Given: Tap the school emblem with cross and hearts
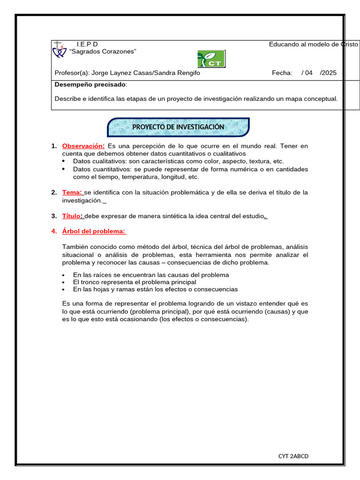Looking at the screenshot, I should click(59, 49).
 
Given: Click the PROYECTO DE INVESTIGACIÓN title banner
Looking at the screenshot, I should click(178, 127).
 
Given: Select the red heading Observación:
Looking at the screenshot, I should click(83, 146).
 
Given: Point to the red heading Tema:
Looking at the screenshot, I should click(72, 192).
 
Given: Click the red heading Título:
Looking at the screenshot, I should click(73, 216).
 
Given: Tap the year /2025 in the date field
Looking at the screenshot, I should click(328, 73).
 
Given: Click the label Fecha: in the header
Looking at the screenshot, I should click(282, 73).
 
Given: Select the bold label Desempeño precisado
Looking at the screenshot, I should click(90, 84).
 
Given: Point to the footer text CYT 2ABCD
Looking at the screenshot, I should click(293, 456).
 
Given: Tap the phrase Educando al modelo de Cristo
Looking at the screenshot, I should click(313, 44).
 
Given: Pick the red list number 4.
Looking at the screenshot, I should click(53, 231).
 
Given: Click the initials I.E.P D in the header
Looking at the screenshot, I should click(87, 44).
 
